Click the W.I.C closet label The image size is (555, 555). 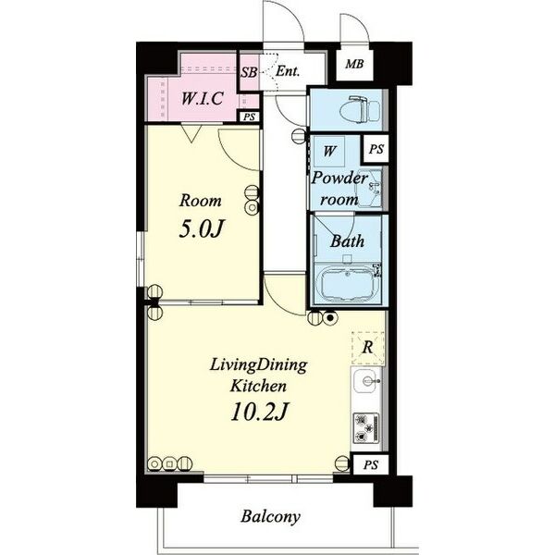[x=202, y=98]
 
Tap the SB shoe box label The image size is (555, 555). [x=249, y=72]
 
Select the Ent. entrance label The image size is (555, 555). [x=288, y=71]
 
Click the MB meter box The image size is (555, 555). [x=354, y=64]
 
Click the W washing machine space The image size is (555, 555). [x=329, y=151]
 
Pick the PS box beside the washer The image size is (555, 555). [x=376, y=149]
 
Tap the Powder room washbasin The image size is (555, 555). [x=369, y=189]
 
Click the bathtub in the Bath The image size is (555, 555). [x=347, y=284]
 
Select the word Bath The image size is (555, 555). [x=347, y=241]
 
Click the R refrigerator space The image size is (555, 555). [x=367, y=348]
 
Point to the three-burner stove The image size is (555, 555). [x=366, y=428]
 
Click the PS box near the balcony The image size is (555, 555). [x=371, y=464]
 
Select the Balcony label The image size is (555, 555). [x=270, y=517]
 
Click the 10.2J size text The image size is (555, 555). [x=258, y=412]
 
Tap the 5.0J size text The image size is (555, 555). [x=202, y=228]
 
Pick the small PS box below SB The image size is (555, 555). [x=250, y=117]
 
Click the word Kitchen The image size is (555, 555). [x=258, y=386]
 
